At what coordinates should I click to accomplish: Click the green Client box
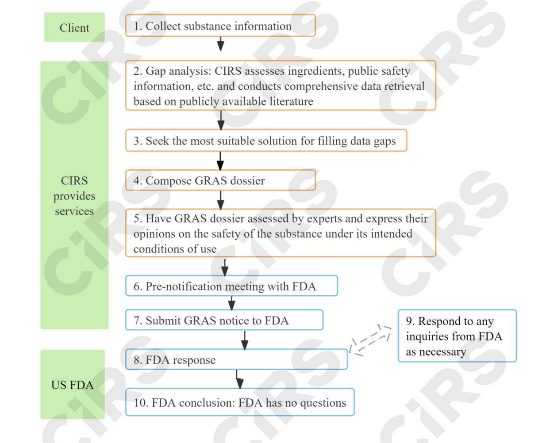(74, 27)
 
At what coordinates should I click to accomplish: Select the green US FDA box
(73, 385)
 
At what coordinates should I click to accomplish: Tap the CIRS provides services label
(74, 195)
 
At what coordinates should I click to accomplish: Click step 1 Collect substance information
(220, 26)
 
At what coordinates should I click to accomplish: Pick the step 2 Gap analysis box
(280, 86)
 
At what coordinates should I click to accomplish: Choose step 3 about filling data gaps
(265, 141)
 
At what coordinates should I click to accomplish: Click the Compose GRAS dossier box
(220, 180)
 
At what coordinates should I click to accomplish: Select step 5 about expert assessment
(280, 233)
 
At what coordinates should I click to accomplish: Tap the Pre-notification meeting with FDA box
(231, 286)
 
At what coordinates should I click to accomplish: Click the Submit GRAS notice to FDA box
(224, 320)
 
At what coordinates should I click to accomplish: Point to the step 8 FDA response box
(236, 359)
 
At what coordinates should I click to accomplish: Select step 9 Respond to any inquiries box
(457, 336)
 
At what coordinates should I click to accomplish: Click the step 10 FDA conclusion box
(239, 402)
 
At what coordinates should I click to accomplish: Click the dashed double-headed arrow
(370, 340)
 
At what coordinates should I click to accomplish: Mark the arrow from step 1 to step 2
(220, 44)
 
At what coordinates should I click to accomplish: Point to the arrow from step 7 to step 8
(244, 340)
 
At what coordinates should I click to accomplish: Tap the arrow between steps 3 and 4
(220, 160)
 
